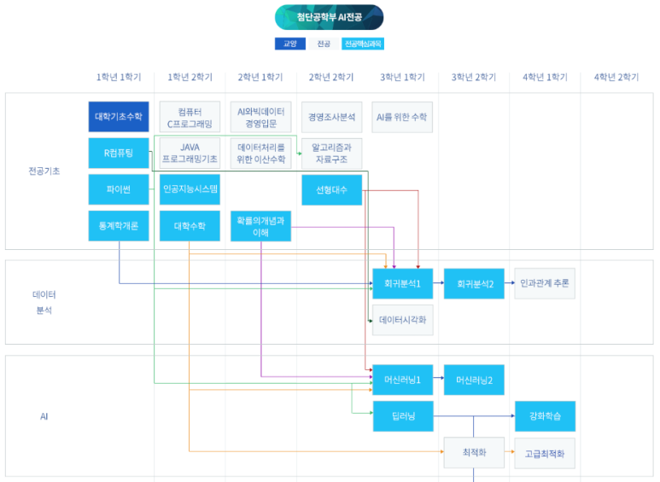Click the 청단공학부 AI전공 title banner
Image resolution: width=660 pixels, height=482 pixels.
coord(329,17)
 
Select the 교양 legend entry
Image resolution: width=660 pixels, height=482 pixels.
coord(289,44)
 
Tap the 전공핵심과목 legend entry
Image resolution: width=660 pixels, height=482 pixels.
coord(363,44)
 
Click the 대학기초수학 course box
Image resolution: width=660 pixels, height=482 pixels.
coord(119,117)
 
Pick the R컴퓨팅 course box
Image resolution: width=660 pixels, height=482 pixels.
coord(119,154)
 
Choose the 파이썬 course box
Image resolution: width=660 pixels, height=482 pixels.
coord(119,189)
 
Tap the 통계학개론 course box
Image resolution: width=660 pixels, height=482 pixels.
coord(119,226)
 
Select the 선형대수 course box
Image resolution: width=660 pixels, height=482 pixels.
coord(331,189)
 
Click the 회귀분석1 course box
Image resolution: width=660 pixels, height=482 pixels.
coord(403,283)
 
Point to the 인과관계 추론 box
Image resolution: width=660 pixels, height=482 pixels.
coord(545,283)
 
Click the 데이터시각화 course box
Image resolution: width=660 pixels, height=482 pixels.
coord(403,320)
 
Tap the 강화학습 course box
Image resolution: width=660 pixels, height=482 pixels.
coord(545,416)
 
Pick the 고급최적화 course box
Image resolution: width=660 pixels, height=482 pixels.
coord(545,453)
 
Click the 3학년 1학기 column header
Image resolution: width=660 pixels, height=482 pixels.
coord(403,77)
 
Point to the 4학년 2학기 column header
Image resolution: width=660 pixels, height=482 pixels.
coord(616,77)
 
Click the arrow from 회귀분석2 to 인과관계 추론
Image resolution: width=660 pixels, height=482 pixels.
coord(510,283)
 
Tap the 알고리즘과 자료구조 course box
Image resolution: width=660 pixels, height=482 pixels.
coord(331,154)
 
